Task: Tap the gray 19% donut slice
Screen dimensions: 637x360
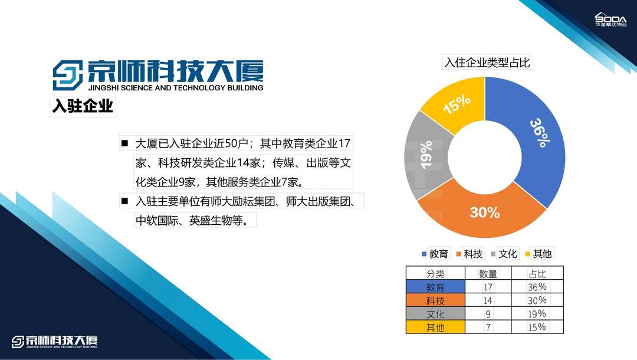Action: [x=426, y=155]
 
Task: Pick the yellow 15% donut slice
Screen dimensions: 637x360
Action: [x=457, y=104]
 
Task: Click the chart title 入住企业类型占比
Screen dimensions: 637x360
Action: [x=487, y=62]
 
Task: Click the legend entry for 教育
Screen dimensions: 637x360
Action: [x=435, y=254]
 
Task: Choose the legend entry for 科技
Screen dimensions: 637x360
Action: [x=469, y=254]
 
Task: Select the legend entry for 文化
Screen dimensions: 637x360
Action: [x=504, y=254]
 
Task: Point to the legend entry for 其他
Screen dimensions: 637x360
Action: [x=539, y=254]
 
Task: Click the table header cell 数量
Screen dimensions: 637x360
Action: [x=488, y=273]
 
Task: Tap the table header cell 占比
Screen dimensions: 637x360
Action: [x=537, y=273]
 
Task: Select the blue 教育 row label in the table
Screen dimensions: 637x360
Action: [x=435, y=287]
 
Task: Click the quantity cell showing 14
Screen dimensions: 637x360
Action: [x=488, y=300]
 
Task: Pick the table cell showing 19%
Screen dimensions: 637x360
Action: [x=537, y=314]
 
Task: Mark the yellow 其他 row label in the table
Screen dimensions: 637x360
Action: [x=435, y=327]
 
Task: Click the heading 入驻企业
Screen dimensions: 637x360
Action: [x=83, y=106]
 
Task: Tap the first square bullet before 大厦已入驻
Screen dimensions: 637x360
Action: [x=124, y=143]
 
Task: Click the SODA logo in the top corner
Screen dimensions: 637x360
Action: [x=611, y=19]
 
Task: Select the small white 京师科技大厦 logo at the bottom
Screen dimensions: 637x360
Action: [x=54, y=342]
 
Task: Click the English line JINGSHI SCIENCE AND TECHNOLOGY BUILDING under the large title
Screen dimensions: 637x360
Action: [x=176, y=87]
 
